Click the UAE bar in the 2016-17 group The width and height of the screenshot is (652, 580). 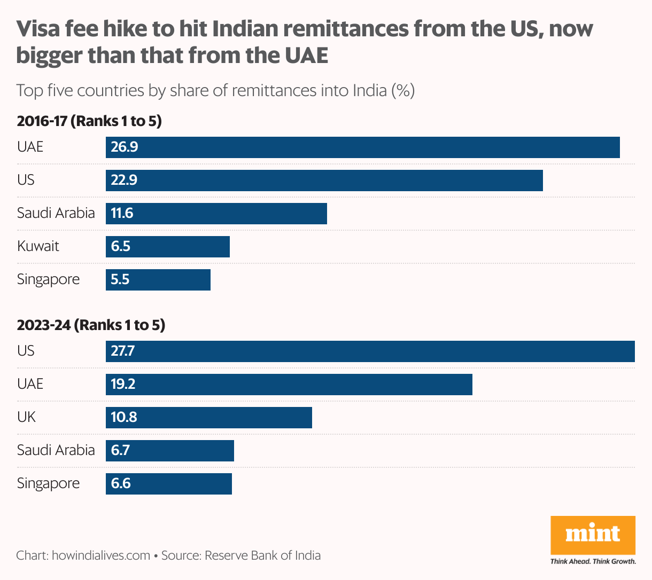pos(362,147)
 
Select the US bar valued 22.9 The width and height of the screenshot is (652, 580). pos(324,181)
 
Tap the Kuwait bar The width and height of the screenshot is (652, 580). pos(167,247)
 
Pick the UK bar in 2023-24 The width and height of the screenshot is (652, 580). pos(208,417)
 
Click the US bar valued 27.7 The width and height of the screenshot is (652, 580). pos(370,351)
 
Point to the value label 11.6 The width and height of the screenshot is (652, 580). pos(122,214)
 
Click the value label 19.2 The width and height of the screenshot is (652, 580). pos(123,385)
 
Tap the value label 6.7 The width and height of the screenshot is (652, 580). pos(120,451)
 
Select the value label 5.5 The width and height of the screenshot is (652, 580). pos(120,280)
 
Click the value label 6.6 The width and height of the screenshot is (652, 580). pos(121,484)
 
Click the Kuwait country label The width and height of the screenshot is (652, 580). pos(38,247)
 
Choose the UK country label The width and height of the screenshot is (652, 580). pos(26,417)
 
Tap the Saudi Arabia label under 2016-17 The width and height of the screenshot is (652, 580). pos(56,213)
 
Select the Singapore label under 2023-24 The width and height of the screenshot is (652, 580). pos(48,484)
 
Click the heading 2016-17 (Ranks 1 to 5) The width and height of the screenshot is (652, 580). pos(89,121)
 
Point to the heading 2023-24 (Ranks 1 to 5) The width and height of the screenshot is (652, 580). pos(91,325)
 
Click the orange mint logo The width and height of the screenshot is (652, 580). pos(593,535)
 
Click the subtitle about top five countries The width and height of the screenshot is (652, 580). pos(215,90)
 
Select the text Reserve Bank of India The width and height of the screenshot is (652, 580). pos(262,555)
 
